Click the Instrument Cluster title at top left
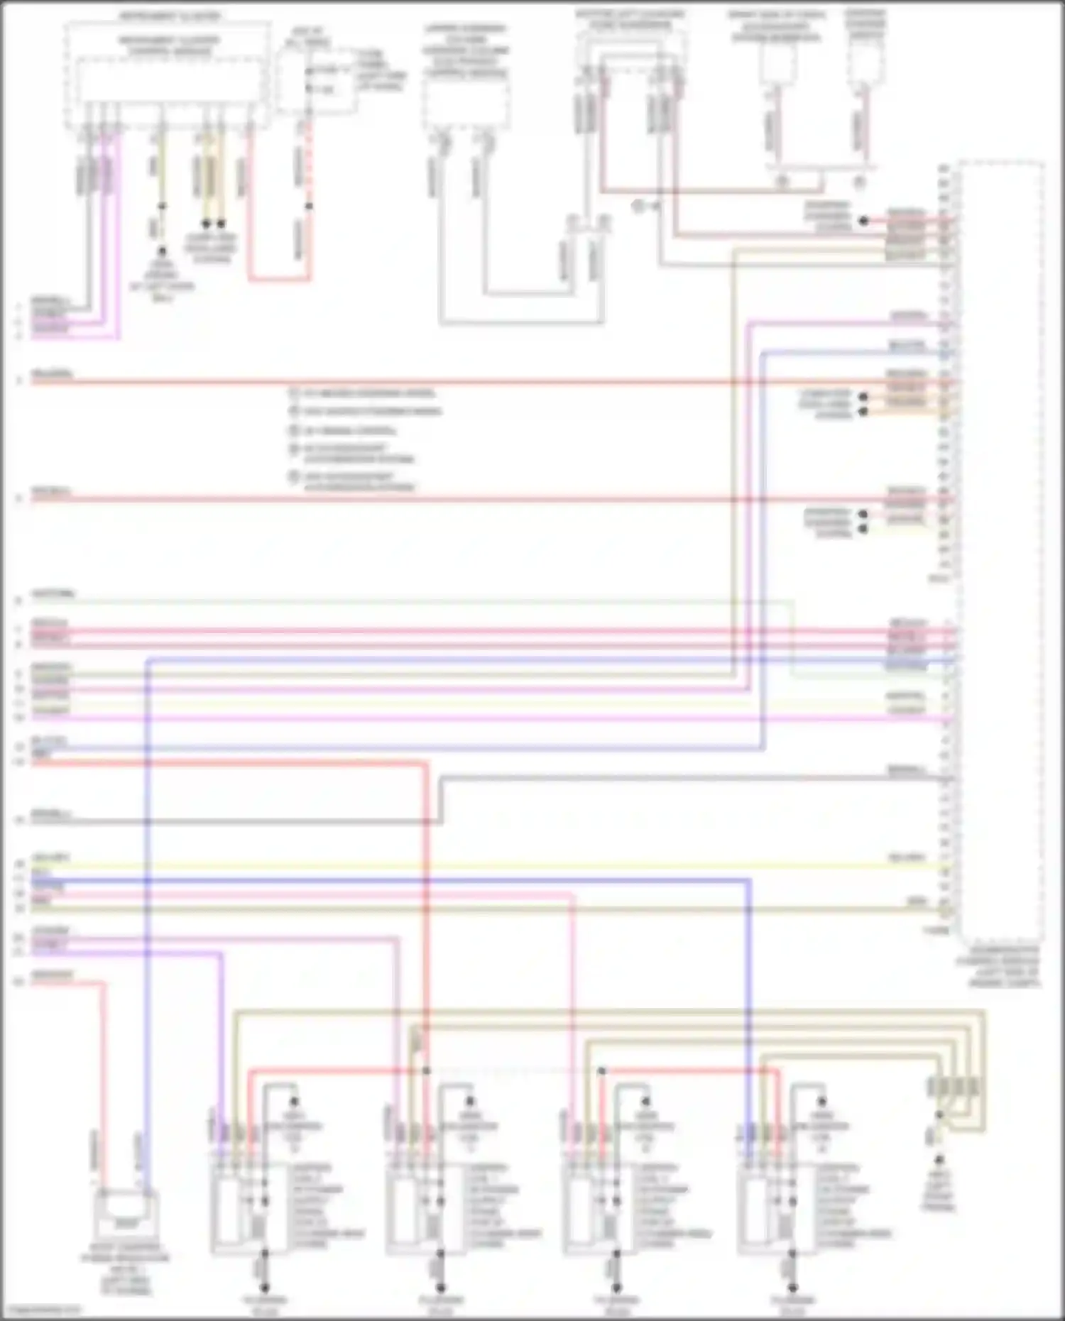coord(169,16)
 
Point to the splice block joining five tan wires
coord(954,1086)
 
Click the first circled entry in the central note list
coord(293,393)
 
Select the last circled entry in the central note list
coord(293,477)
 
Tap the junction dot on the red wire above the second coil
coord(426,1070)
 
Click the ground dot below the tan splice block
coord(939,1160)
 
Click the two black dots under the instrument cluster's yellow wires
coord(213,224)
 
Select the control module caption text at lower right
coord(1005,967)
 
